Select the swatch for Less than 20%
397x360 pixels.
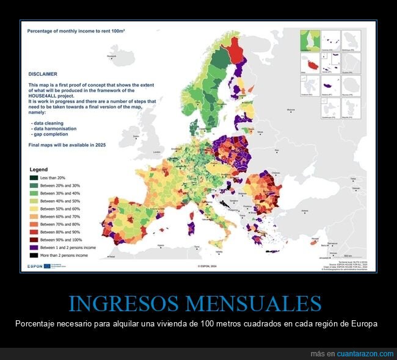pyautogui.click(x=34, y=178)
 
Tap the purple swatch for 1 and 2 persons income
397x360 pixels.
pyautogui.click(x=34, y=248)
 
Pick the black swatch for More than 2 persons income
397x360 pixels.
pyautogui.click(x=34, y=256)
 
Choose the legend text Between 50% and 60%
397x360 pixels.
pyautogui.click(x=60, y=209)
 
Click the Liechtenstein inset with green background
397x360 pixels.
pyautogui.click(x=310, y=40)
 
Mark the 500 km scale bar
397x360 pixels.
pyautogui.click(x=344, y=254)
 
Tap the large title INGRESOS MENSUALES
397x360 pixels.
pyautogui.click(x=195, y=303)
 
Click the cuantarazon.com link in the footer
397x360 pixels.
pyautogui.click(x=365, y=354)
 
